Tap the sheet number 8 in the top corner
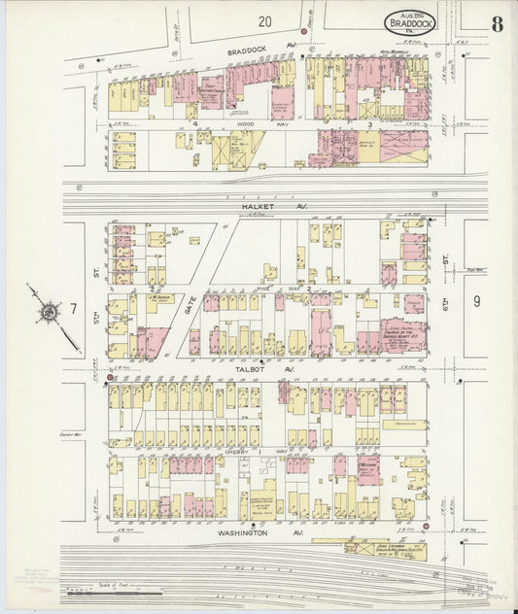click(497, 24)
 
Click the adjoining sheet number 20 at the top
click(264, 20)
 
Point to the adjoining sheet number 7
click(73, 308)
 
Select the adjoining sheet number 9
click(476, 301)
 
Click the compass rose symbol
click(48, 313)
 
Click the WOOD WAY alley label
click(255, 125)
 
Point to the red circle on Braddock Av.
click(303, 32)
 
